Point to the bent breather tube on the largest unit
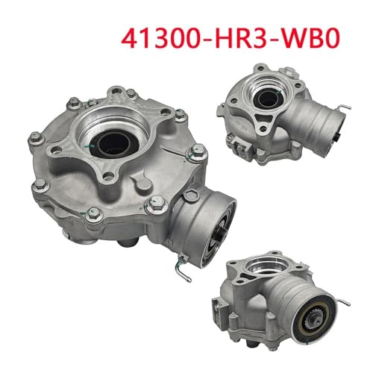(x=182, y=268)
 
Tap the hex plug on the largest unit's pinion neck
(x=190, y=195)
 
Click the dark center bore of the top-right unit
(x=268, y=98)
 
